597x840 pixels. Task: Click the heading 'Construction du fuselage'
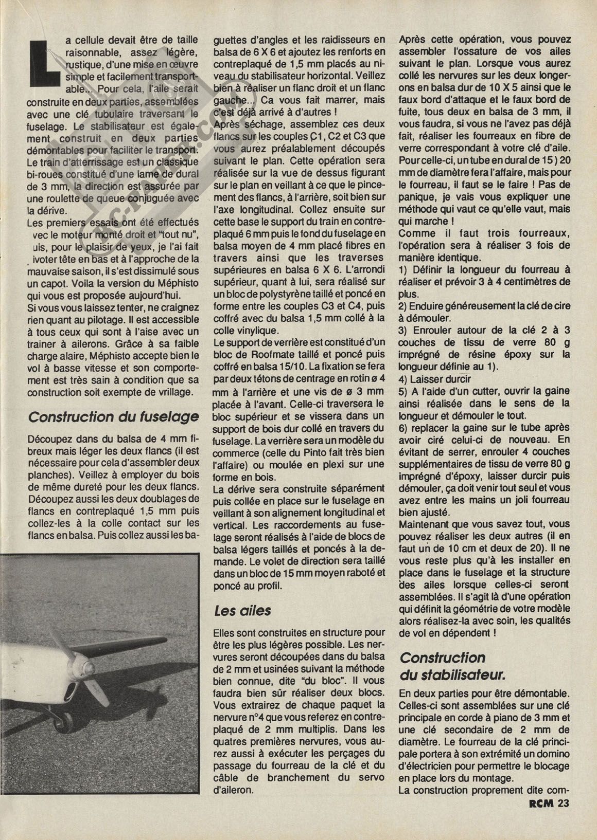[x=113, y=416]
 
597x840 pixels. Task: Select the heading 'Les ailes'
[x=242, y=611]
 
